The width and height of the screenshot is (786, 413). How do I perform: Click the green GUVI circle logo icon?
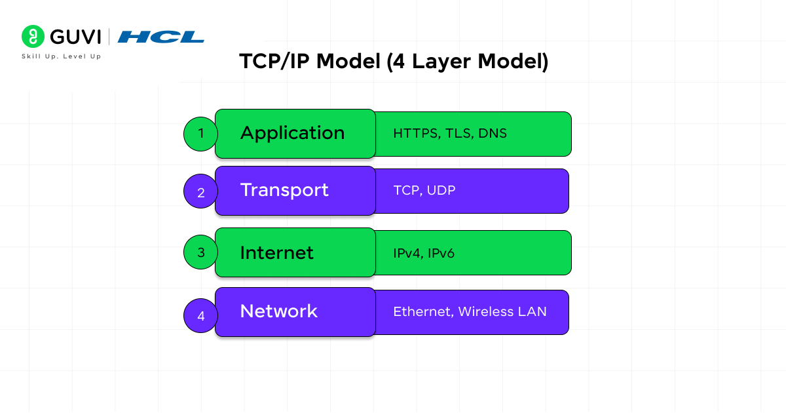[x=33, y=36]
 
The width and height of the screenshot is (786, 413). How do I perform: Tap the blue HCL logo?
[x=160, y=37]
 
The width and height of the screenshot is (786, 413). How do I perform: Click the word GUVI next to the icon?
[x=75, y=37]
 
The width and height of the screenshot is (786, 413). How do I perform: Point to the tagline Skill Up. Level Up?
[x=62, y=56]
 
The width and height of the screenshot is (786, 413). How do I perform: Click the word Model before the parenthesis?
[x=348, y=61]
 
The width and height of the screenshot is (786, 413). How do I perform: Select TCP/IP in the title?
[x=274, y=62]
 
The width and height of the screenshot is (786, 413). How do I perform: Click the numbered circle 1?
[x=200, y=134]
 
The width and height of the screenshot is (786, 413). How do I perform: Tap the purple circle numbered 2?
[x=200, y=191]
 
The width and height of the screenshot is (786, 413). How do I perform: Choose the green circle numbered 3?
[x=200, y=252]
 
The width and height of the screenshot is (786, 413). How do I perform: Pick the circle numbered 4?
[x=200, y=315]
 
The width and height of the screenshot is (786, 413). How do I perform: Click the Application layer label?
[x=292, y=134]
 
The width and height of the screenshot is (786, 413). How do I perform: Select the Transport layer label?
[x=284, y=191]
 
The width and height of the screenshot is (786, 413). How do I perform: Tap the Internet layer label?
[x=276, y=253]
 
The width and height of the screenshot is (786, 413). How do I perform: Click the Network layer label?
[x=278, y=311]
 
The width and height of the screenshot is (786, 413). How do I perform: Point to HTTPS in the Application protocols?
[x=417, y=134]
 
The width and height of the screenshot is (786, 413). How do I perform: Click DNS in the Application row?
[x=493, y=134]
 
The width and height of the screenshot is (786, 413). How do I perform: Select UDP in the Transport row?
[x=441, y=190]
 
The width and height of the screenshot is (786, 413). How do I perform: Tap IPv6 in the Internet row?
[x=441, y=253]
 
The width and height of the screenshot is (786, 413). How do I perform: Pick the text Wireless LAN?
[x=502, y=311]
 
